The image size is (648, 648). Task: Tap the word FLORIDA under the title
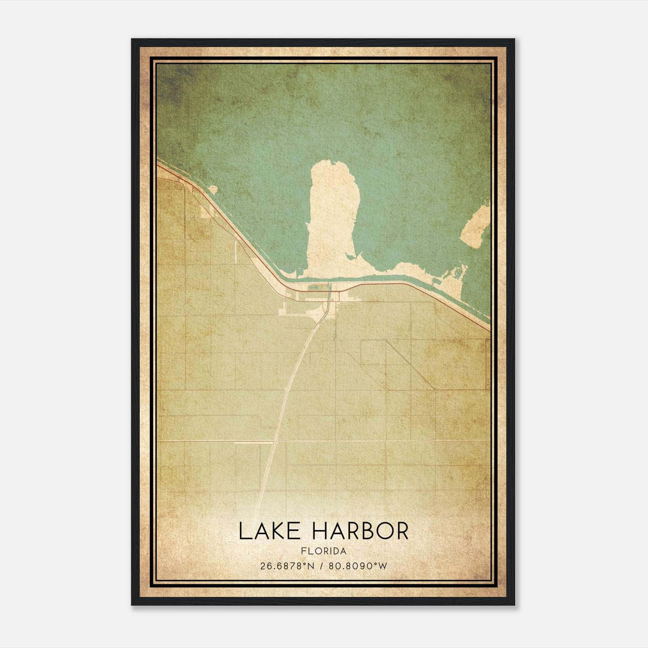(x=324, y=551)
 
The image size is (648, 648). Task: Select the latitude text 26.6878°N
(x=288, y=566)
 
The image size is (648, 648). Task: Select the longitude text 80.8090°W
(x=358, y=566)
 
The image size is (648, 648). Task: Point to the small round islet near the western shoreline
(x=213, y=190)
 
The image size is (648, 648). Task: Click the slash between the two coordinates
(x=320, y=566)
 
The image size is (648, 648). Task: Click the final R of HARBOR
(x=401, y=531)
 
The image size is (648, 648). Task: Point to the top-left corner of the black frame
(x=132, y=40)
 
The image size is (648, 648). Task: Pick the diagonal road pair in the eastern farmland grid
(x=409, y=364)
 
